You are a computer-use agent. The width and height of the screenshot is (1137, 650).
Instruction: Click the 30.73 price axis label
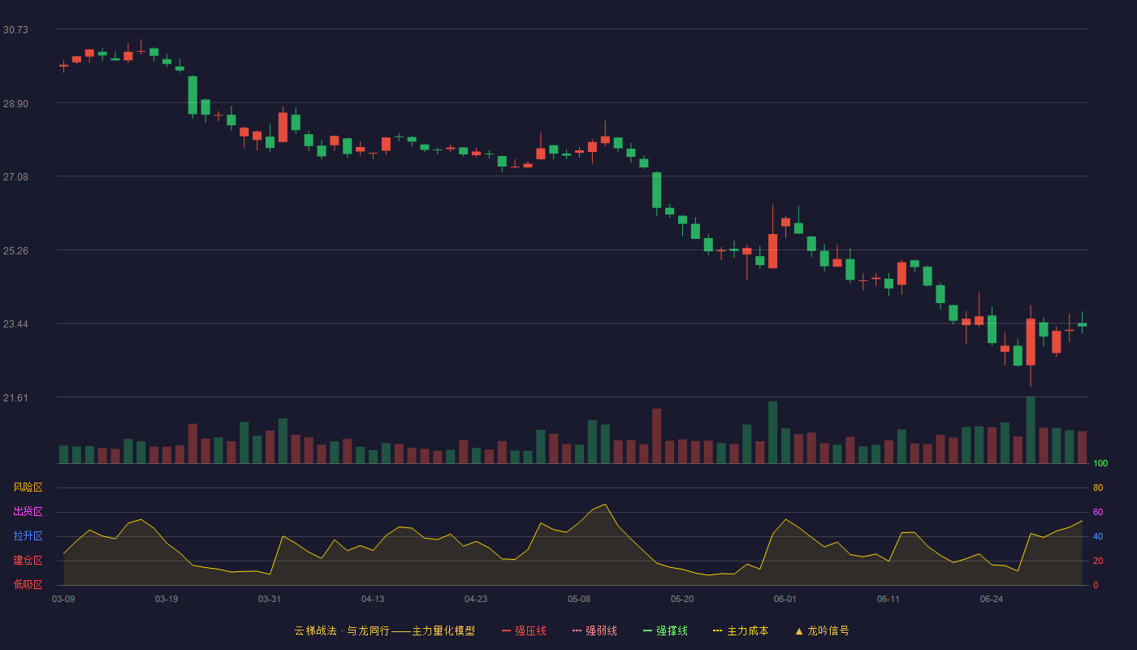[x=15, y=30]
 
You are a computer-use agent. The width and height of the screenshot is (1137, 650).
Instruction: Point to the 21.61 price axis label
[x=15, y=397]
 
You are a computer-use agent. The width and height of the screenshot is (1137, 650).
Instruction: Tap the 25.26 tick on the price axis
[x=15, y=251]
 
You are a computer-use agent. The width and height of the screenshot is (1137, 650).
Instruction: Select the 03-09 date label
[x=63, y=600]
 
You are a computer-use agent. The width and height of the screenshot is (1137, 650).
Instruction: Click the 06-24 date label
[x=992, y=600]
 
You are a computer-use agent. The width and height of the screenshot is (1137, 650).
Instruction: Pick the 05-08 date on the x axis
[x=579, y=600]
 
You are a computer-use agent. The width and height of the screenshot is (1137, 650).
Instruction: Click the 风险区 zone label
[x=28, y=487]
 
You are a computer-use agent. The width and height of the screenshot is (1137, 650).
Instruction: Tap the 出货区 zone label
[x=28, y=511]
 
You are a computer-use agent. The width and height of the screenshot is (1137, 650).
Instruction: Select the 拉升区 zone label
[x=28, y=535]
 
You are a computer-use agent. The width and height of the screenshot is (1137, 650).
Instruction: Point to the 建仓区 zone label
[x=28, y=560]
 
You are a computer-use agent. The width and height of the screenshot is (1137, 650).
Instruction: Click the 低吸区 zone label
[x=28, y=584]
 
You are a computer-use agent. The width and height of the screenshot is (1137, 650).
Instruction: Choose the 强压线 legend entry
[x=524, y=630]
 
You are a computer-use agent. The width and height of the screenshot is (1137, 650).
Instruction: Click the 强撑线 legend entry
[x=665, y=630]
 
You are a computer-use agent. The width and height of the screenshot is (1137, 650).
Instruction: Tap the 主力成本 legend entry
[x=741, y=630]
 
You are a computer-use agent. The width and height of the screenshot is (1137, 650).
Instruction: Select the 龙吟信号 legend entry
[x=822, y=630]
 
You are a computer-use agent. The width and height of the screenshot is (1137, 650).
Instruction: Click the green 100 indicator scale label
[x=1100, y=463]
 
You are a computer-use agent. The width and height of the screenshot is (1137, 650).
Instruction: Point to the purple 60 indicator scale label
[x=1098, y=512]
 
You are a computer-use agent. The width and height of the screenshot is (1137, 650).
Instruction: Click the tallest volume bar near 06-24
[x=1031, y=430]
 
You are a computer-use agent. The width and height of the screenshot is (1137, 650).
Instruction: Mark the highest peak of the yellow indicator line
[x=605, y=505]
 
